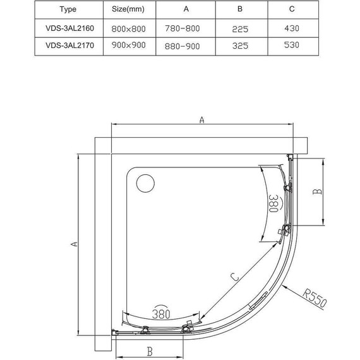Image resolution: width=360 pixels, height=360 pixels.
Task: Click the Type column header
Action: tap(68, 9)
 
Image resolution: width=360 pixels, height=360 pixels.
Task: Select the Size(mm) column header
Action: tap(128, 9)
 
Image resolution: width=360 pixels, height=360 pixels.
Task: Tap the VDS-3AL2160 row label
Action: tap(70, 28)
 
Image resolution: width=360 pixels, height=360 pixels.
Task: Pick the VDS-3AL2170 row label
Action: tap(70, 45)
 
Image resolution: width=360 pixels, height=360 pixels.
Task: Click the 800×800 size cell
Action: tap(129, 28)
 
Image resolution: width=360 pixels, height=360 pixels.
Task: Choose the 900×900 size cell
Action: tap(129, 45)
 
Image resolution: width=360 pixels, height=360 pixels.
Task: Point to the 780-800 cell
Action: tap(183, 28)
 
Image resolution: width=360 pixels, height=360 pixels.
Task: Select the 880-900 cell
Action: tap(183, 46)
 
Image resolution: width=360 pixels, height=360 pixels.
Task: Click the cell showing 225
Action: tap(240, 29)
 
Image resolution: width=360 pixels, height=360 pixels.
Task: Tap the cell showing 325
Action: tap(240, 45)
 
